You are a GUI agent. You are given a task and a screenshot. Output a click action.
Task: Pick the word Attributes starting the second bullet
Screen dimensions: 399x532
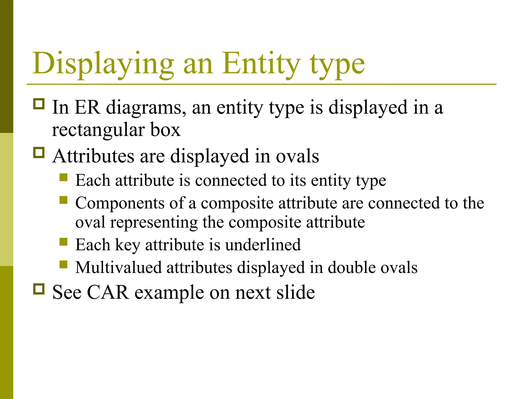click(x=93, y=156)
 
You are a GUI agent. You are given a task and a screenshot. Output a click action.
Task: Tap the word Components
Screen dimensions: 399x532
click(x=120, y=203)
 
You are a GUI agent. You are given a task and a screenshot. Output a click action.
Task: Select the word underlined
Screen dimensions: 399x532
click(x=263, y=245)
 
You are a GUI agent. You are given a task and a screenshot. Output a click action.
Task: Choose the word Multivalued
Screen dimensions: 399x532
click(x=118, y=268)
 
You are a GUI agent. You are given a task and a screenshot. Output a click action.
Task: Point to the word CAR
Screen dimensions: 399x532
click(x=108, y=292)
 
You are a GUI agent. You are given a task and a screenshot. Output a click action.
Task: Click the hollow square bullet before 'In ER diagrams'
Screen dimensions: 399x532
click(x=39, y=104)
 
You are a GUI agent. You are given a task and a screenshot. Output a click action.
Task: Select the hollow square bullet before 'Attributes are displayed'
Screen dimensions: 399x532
click(x=39, y=153)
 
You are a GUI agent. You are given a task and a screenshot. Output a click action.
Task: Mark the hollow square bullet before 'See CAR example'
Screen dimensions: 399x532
click(x=39, y=289)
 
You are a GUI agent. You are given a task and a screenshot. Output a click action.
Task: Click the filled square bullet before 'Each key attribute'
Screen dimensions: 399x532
click(x=63, y=242)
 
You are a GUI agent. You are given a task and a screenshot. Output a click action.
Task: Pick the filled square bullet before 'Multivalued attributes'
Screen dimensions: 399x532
click(x=63, y=265)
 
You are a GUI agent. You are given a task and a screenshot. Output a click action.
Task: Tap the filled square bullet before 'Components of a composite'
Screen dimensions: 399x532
click(x=63, y=200)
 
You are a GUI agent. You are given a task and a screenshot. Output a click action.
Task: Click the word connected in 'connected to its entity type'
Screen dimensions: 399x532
click(x=231, y=181)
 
